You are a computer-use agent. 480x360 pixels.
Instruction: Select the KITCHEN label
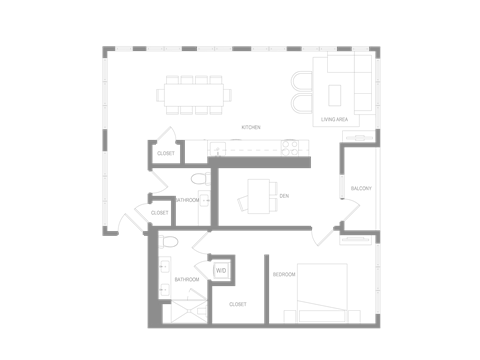[251, 127]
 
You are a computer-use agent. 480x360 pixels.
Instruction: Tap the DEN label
[284, 193]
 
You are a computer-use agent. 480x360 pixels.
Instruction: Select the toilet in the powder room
[198, 179]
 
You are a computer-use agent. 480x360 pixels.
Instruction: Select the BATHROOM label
[184, 278]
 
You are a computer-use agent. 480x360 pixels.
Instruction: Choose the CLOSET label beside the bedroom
[237, 303]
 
